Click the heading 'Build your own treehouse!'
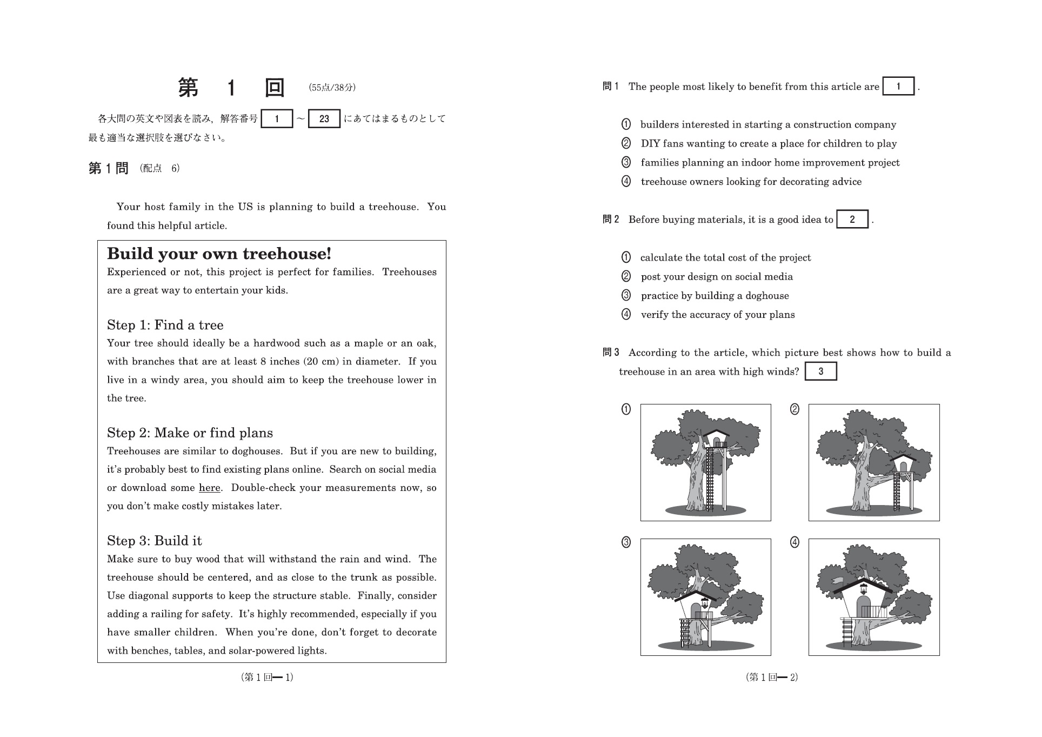click(219, 254)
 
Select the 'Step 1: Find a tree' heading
click(165, 325)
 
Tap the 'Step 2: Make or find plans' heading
click(190, 433)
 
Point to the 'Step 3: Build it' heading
click(154, 541)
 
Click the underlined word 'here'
click(209, 488)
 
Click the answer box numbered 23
click(324, 119)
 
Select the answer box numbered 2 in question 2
click(852, 220)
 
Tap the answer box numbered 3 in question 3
click(820, 371)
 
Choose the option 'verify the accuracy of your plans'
click(717, 315)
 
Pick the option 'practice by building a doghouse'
click(714, 296)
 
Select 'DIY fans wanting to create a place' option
click(768, 144)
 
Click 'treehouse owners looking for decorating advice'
click(751, 182)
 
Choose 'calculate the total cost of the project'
click(725, 258)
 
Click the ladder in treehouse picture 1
click(710, 481)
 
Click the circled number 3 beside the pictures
click(626, 542)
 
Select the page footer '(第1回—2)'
click(771, 677)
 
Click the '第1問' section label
click(108, 169)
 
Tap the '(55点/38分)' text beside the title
click(332, 88)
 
